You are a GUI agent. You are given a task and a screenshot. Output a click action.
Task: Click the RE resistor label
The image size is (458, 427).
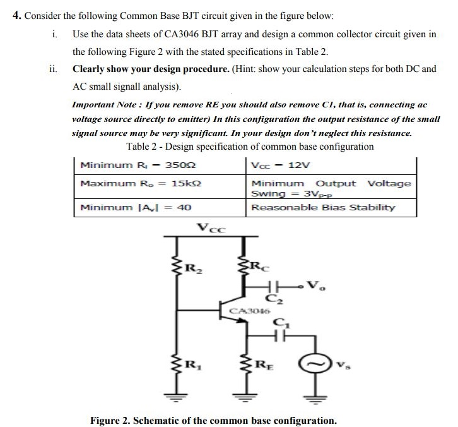pyautogui.click(x=260, y=364)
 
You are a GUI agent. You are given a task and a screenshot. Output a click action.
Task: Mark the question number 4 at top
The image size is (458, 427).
pyautogui.click(x=17, y=15)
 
